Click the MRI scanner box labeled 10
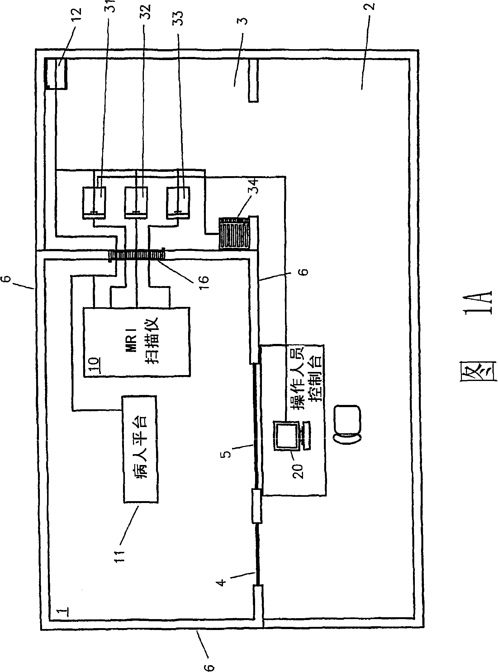(x=136, y=342)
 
